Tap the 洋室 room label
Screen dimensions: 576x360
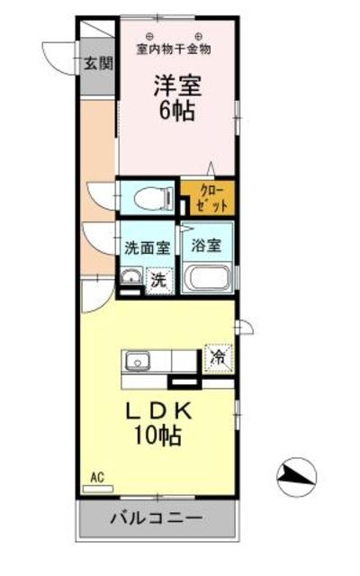176,88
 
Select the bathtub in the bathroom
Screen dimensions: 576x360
207,278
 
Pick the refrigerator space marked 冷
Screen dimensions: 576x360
218,356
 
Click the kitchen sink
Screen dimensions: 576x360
139,360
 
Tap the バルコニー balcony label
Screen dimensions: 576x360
157,519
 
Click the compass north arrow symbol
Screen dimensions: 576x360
296,477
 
